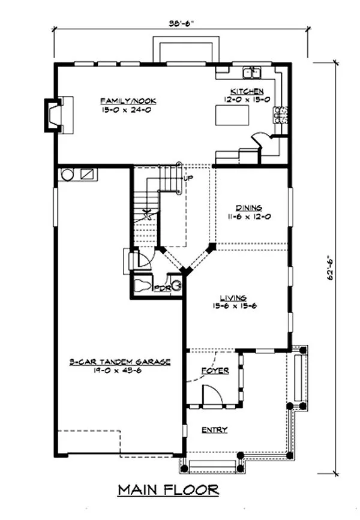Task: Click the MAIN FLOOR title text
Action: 168,490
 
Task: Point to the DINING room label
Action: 247,208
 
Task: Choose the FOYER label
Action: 215,371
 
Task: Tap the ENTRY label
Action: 214,429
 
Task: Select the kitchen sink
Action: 251,73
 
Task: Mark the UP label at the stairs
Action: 188,178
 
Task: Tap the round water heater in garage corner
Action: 67,175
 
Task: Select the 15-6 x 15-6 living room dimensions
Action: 234,306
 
